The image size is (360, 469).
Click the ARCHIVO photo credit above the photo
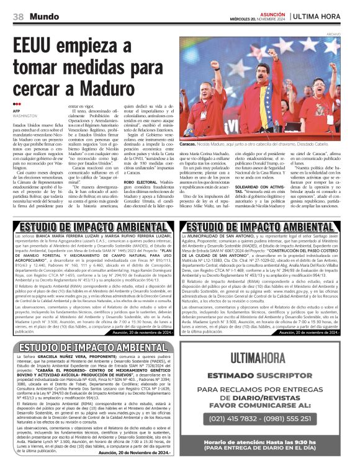351,34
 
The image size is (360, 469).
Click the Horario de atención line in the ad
274,445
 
